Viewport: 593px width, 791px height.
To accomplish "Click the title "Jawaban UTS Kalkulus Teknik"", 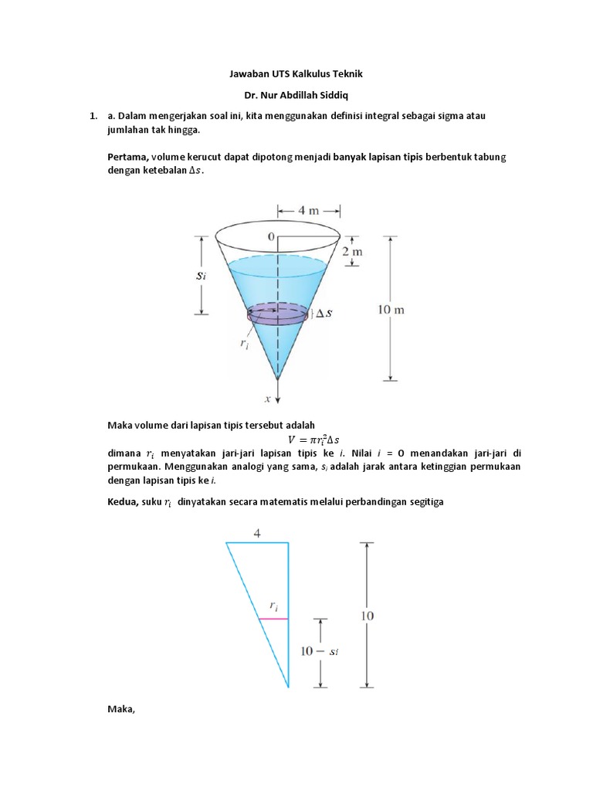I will pos(296,74).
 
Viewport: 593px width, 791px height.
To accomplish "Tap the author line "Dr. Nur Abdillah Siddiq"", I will pos(296,96).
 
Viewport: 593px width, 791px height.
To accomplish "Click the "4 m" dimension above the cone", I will pos(309,209).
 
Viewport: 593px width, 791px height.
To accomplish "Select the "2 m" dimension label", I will pos(352,252).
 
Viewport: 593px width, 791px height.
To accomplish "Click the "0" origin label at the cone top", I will pos(271,236).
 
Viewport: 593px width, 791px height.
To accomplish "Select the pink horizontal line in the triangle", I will pos(273,619).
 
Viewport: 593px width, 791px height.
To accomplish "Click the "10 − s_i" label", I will pos(319,651).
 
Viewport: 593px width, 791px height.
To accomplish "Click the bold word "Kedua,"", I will pos(124,502).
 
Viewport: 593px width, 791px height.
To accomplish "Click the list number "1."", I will pos(93,117).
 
